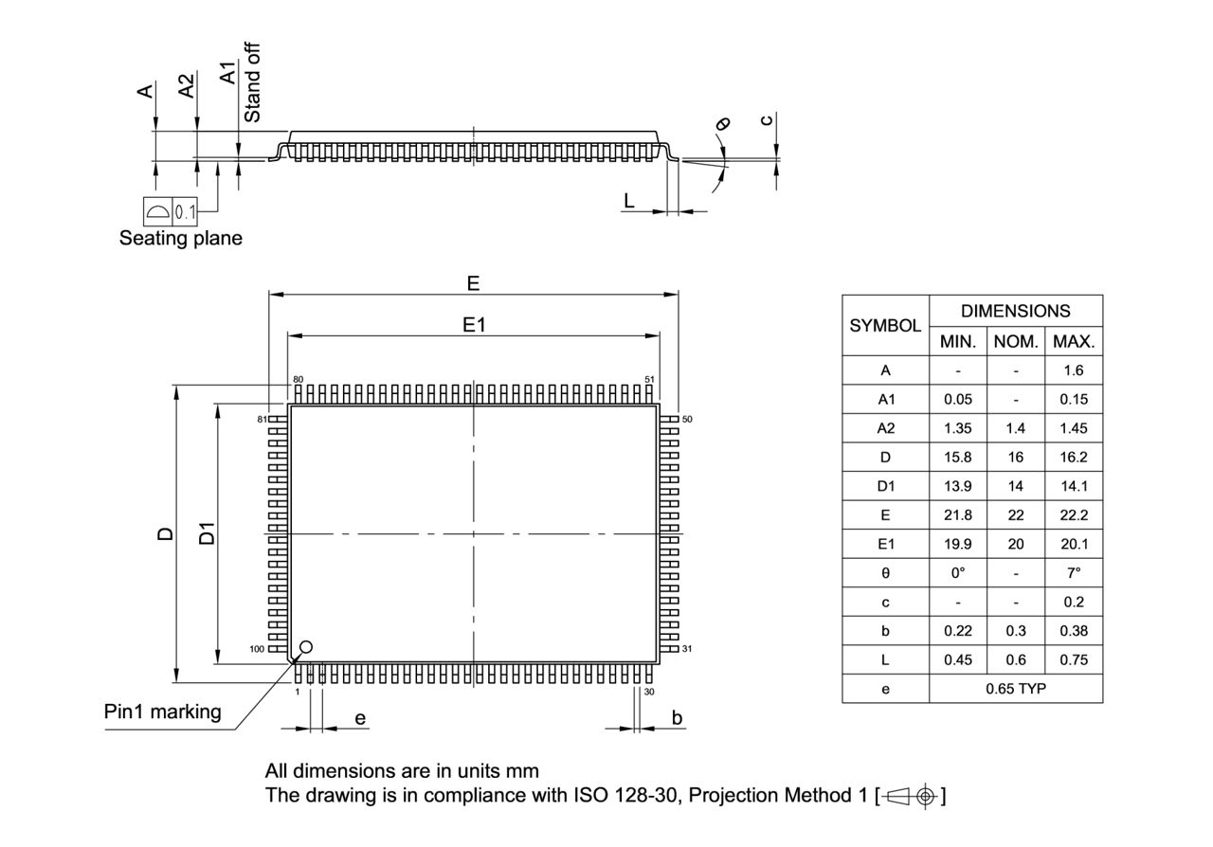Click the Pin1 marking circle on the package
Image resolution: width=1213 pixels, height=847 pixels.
[305, 648]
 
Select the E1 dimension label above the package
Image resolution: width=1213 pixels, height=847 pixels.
[474, 325]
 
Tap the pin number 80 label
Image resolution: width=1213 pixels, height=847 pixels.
[298, 379]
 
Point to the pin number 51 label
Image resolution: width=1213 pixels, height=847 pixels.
[649, 379]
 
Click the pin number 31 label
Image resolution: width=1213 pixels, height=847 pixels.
[687, 649]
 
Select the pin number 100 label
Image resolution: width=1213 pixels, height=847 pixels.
[257, 649]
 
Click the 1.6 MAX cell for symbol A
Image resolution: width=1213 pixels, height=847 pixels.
[1073, 370]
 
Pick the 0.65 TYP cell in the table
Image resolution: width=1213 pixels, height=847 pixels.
[1015, 689]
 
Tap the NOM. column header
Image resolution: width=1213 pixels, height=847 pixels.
[1015, 341]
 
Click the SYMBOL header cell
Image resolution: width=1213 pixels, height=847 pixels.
[885, 326]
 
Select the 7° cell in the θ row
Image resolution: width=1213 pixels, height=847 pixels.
[1073, 573]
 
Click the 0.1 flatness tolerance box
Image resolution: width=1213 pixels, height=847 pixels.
[185, 211]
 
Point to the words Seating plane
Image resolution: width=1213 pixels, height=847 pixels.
[180, 239]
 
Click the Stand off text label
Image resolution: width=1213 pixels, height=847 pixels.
[253, 81]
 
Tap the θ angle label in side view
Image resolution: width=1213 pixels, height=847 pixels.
[724, 123]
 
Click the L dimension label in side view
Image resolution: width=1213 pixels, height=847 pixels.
[628, 200]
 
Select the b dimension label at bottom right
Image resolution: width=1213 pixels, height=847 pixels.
[677, 718]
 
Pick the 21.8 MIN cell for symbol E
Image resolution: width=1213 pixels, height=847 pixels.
[957, 515]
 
